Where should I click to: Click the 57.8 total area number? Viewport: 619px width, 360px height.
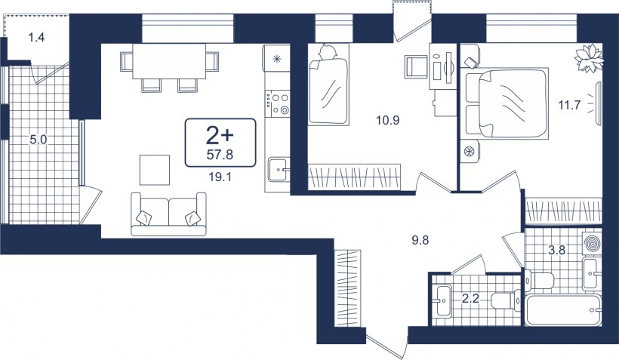[220, 155]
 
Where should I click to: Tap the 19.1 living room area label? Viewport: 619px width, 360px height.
[220, 177]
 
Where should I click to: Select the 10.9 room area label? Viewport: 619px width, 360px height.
[388, 121]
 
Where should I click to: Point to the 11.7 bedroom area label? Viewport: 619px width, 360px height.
[569, 105]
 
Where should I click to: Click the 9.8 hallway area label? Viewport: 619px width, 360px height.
[420, 240]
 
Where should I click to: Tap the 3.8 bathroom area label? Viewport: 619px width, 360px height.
[556, 250]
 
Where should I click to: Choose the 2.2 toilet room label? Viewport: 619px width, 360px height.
[470, 298]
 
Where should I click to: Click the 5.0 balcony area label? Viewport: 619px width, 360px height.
[38, 140]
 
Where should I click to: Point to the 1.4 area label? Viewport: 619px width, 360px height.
[36, 38]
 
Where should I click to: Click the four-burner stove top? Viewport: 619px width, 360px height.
[278, 103]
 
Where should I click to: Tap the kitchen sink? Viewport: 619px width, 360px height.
[279, 170]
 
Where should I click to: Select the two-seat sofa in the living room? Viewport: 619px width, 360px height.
[168, 214]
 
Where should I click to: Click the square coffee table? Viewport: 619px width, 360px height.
[154, 170]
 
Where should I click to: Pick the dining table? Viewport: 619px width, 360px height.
[169, 61]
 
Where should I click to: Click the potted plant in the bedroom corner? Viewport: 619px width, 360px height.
[589, 58]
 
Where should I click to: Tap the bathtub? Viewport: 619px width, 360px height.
[563, 310]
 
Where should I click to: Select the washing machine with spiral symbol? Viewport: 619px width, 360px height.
[592, 243]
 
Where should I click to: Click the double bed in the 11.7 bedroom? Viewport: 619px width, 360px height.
[507, 103]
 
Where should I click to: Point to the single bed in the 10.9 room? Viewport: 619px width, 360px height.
[328, 84]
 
